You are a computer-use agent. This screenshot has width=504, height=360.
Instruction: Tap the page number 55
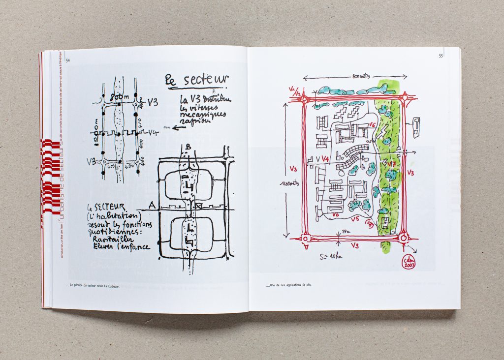tap(441, 56)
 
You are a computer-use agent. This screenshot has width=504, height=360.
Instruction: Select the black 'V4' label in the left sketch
tap(153, 132)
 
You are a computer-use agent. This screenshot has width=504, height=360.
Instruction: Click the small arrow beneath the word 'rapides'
tap(167, 126)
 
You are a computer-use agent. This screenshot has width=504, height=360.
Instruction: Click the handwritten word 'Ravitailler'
tap(115, 239)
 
